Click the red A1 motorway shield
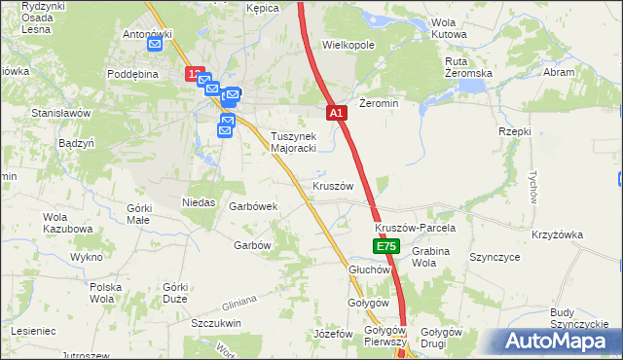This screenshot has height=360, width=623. click(336, 114)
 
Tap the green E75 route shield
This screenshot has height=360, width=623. click(385, 248)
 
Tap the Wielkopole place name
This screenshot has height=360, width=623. click(348, 45)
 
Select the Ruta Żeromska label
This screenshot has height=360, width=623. click(468, 67)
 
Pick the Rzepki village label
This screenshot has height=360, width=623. click(514, 131)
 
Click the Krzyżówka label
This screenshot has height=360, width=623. click(557, 234)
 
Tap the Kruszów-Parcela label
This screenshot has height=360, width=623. click(416, 228)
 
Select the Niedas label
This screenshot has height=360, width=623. click(199, 202)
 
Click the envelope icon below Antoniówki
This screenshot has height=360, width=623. click(156, 44)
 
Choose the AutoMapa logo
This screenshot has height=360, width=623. click(559, 341)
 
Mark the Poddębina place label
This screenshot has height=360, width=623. click(133, 74)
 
